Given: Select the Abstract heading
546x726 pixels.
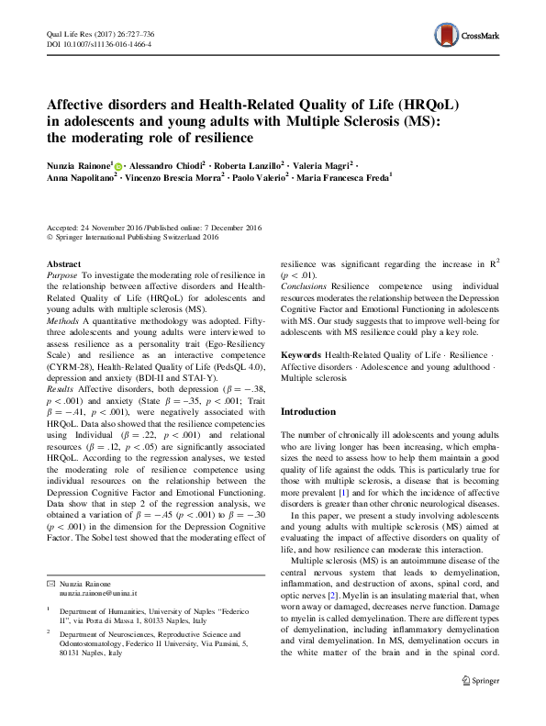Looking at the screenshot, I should (63, 263).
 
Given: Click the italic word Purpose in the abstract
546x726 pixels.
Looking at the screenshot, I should (61, 274).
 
